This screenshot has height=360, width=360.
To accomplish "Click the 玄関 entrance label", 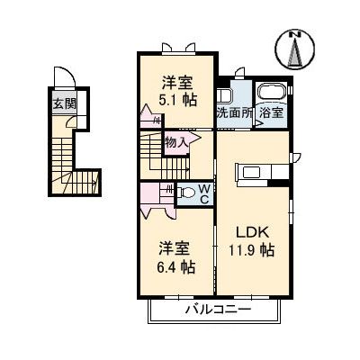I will (x=62, y=103).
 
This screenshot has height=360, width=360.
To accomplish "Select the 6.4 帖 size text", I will (x=175, y=267).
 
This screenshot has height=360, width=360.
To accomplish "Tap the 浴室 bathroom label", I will (x=272, y=113).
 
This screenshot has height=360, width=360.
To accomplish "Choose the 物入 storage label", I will (x=175, y=140).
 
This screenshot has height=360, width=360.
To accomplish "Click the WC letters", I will (x=204, y=193).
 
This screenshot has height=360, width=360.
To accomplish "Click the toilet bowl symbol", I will (x=186, y=192).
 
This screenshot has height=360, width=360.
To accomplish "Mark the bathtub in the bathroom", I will (x=271, y=94).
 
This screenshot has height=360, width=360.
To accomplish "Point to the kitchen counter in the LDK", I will (x=251, y=172).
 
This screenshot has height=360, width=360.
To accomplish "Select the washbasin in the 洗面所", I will (x=224, y=95).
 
